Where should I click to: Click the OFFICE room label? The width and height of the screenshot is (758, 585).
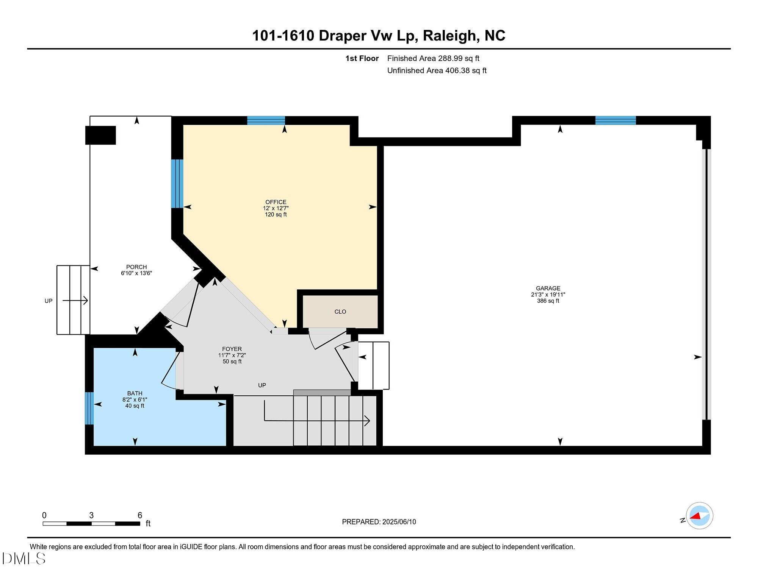(x=276, y=202)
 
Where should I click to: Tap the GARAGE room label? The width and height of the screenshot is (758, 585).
(x=548, y=288)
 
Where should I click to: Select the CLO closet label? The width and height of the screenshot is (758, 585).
(x=340, y=312)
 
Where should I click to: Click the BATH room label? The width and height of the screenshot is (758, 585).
(x=135, y=393)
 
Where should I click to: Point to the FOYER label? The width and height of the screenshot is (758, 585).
(x=232, y=349)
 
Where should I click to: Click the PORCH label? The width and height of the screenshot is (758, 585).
(x=136, y=267)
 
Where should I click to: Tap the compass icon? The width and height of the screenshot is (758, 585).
(x=699, y=516)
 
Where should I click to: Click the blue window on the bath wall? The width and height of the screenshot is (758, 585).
(x=89, y=408)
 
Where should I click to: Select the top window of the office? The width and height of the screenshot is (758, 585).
(x=266, y=120)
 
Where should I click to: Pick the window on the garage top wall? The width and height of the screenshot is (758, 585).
(x=615, y=120)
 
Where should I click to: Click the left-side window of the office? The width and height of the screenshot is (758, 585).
(x=177, y=183)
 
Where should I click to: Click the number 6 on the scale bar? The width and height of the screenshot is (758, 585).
(x=140, y=515)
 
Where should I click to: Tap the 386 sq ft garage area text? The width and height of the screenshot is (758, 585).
(x=548, y=301)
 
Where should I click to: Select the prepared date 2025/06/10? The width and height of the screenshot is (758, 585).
(x=399, y=522)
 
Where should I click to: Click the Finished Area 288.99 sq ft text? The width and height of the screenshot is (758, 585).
(x=433, y=58)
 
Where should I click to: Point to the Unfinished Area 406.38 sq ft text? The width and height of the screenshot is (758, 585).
(x=437, y=70)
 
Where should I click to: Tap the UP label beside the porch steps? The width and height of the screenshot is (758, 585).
(x=49, y=301)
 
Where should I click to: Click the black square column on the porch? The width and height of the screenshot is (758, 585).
(x=100, y=135)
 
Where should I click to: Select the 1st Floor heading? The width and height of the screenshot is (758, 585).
(x=362, y=58)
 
